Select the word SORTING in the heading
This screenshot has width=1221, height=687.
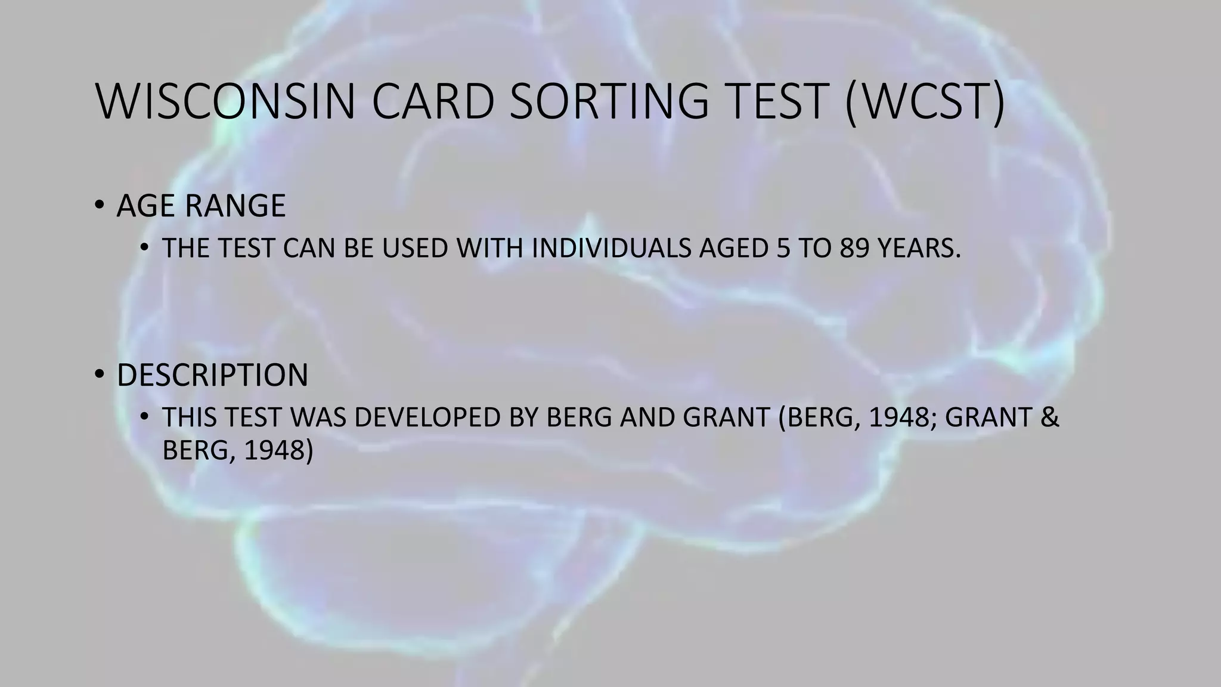click(609, 101)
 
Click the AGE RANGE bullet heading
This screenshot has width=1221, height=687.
click(201, 206)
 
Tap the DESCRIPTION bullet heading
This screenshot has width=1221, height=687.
click(212, 375)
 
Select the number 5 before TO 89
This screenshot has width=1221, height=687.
click(783, 249)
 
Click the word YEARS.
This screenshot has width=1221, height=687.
click(919, 249)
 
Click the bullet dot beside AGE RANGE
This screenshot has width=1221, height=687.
click(99, 206)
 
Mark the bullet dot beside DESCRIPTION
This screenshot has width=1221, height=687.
click(99, 375)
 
